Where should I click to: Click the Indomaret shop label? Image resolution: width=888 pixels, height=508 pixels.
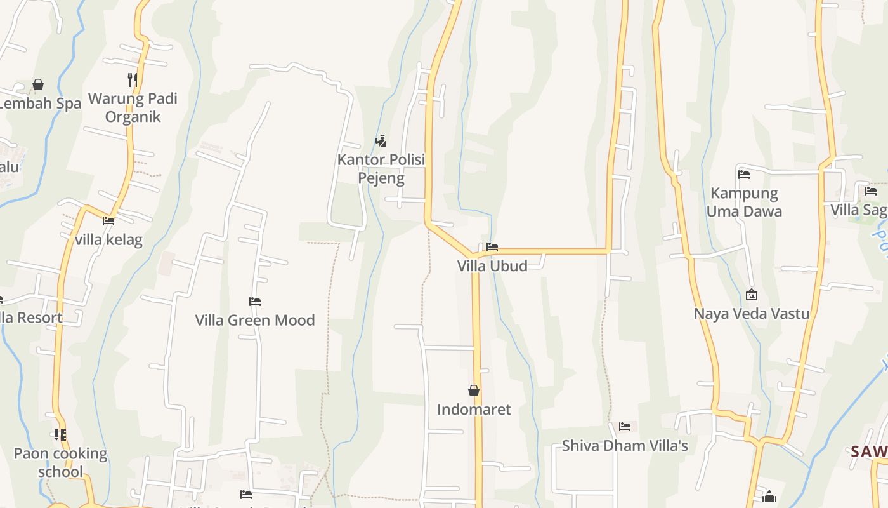click(474, 410)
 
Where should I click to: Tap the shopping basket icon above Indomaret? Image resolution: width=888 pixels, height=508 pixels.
click(474, 391)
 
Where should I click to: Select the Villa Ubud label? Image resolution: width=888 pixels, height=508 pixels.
click(492, 265)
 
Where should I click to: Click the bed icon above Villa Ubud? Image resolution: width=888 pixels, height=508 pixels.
click(492, 247)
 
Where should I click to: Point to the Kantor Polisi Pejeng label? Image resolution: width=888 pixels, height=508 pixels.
click(381, 168)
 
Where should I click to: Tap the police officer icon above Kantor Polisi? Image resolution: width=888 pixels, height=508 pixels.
click(381, 140)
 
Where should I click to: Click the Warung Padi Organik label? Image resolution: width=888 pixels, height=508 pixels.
click(133, 107)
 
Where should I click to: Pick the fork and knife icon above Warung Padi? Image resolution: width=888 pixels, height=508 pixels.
click(133, 79)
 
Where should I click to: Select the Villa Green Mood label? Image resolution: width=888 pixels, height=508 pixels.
click(255, 320)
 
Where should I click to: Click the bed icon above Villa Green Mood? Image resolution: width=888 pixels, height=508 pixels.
click(255, 302)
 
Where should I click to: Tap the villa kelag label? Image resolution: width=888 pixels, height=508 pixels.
click(108, 240)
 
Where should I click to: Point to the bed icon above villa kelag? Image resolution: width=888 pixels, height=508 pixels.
click(108, 221)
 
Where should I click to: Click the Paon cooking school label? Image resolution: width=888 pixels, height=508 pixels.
click(60, 462)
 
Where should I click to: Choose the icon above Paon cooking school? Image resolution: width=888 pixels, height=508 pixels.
click(60, 435)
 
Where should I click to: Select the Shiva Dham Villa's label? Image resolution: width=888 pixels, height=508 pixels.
click(625, 446)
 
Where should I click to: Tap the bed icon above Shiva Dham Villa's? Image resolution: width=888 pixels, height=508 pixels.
click(625, 427)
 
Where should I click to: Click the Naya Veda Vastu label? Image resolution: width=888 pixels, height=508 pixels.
click(752, 314)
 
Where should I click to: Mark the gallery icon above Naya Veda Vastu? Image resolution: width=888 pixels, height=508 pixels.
click(752, 295)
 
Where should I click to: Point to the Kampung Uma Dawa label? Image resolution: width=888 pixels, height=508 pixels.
click(744, 202)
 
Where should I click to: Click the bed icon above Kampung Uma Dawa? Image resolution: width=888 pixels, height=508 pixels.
click(744, 174)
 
